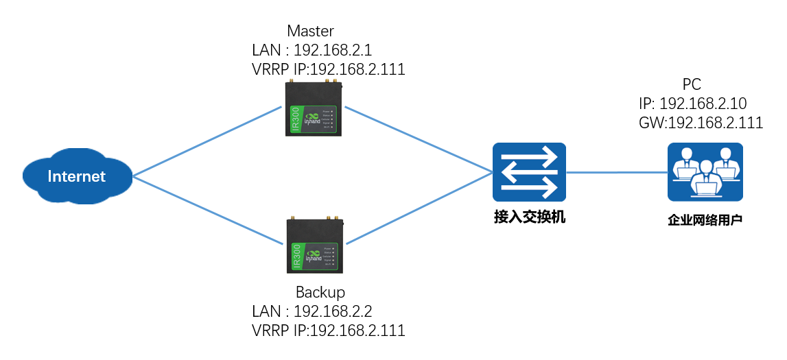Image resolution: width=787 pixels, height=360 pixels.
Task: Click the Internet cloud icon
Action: point(76,177)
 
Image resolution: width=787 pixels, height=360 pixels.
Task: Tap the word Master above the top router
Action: point(310,31)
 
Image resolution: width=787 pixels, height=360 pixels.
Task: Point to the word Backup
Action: point(320,291)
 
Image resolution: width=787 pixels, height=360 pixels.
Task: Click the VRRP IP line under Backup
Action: point(328,330)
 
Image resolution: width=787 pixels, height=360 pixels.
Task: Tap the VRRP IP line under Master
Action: point(328,69)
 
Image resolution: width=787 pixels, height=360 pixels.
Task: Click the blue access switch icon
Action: point(528,171)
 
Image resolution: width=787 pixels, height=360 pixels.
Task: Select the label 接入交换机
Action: point(530,218)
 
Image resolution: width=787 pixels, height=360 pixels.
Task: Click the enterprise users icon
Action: point(705,171)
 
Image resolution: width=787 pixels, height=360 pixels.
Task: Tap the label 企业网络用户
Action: point(705,221)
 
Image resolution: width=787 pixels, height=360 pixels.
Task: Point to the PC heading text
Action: point(692,84)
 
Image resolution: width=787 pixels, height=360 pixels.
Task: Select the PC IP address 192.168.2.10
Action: point(692,104)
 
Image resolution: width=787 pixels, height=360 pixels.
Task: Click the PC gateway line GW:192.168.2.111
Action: point(701,123)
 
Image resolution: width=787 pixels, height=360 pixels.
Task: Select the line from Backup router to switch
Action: point(419,207)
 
